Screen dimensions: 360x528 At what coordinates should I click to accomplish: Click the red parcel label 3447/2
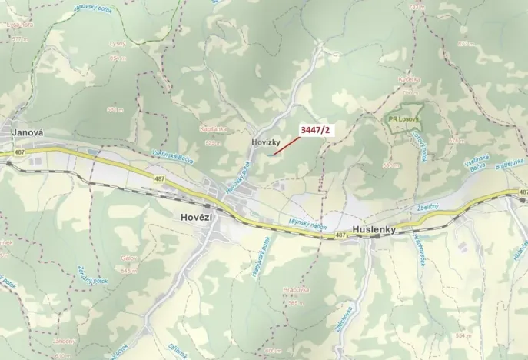click(316, 129)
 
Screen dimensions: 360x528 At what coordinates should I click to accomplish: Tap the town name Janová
click(27, 133)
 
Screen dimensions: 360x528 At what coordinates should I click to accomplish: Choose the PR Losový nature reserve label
click(403, 119)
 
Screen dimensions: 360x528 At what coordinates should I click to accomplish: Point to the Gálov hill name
click(129, 259)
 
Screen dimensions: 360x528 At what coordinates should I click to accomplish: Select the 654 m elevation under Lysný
click(118, 58)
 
